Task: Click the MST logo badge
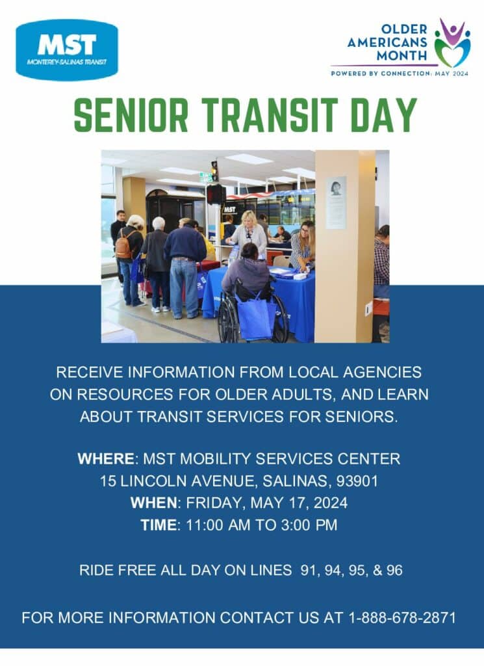tap(67, 49)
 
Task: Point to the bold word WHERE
tap(106, 459)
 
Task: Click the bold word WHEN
tap(153, 503)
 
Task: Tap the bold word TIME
tap(159, 525)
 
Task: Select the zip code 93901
tap(357, 481)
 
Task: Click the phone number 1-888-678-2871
tap(402, 618)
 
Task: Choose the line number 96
tap(394, 570)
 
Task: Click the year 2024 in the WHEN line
tap(331, 503)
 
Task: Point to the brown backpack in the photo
tap(124, 246)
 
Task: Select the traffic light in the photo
tap(214, 170)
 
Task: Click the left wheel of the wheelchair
tap(228, 317)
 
